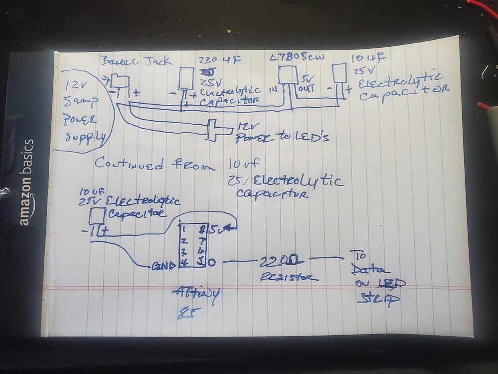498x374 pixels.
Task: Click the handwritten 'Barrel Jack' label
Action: (137, 62)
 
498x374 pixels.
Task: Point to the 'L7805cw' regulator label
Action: (297, 58)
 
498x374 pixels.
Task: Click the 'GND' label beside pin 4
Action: (162, 266)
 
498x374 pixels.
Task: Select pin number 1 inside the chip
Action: (184, 230)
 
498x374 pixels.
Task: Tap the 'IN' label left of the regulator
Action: (273, 90)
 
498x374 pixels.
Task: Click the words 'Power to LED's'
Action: (282, 138)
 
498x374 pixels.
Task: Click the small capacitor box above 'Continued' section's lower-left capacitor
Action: (97, 216)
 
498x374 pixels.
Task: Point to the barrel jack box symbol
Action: (120, 80)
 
